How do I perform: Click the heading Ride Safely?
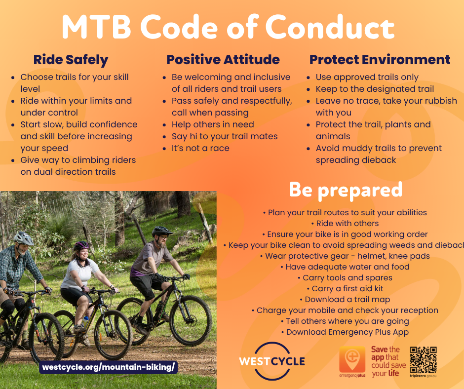click(x=71, y=60)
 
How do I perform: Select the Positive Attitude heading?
click(x=223, y=60)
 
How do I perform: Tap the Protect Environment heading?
click(x=380, y=60)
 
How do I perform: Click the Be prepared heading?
click(x=346, y=190)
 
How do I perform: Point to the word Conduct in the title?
click(x=330, y=27)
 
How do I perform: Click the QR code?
click(x=423, y=360)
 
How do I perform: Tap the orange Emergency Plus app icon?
click(x=352, y=359)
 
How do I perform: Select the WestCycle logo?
click(x=272, y=361)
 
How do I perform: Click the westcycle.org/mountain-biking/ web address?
click(x=108, y=367)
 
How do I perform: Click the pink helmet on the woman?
click(x=81, y=245)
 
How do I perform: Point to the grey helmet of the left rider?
click(x=24, y=238)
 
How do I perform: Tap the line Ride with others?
click(x=345, y=224)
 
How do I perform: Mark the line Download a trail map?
click(x=345, y=300)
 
